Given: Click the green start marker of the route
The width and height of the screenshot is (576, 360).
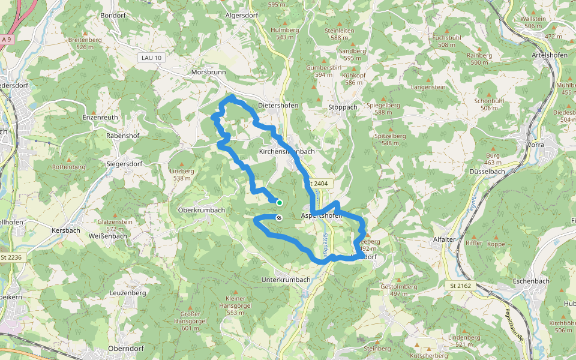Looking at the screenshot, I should [280, 203].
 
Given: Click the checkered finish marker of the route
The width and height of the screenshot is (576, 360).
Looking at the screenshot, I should [279, 217].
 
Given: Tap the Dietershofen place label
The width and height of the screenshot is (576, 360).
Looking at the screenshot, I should [278, 106].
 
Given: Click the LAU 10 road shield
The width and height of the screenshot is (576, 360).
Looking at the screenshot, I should [150, 58].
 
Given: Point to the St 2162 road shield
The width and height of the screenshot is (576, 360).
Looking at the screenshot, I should [461, 286].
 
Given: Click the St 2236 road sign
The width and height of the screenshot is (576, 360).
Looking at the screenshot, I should [11, 257].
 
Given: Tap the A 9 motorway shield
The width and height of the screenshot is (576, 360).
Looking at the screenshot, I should [7, 40].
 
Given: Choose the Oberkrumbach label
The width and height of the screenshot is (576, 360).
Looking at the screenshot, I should [202, 210].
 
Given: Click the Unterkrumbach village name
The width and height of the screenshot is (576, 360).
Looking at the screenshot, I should [286, 280].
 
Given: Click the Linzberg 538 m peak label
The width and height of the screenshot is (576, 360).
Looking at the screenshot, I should [182, 175].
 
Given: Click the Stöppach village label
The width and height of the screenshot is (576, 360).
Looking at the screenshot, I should [343, 107].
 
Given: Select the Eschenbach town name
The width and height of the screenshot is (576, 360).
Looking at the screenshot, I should [532, 281].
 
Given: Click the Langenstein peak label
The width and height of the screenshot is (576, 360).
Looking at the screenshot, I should [428, 87].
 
